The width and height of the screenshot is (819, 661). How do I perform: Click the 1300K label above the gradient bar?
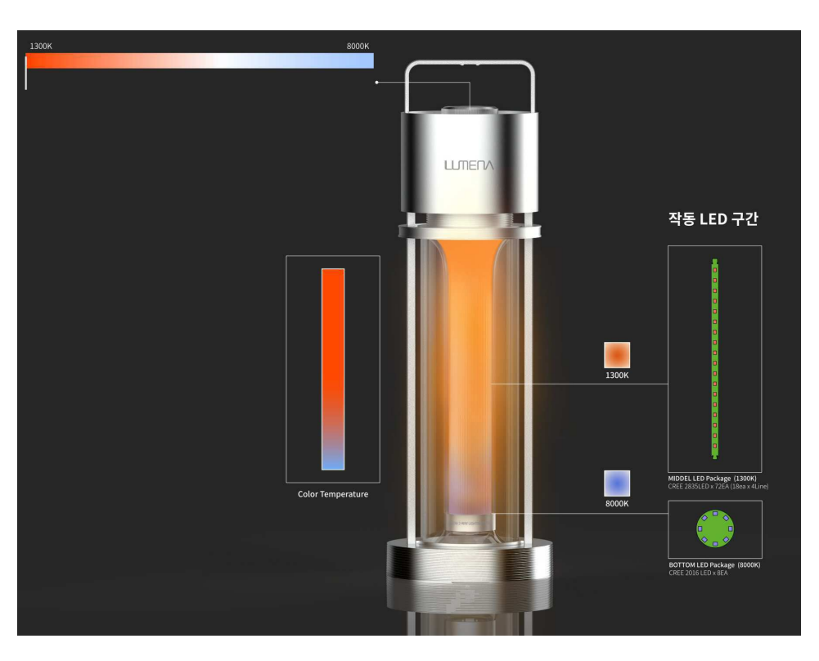coord(41,46)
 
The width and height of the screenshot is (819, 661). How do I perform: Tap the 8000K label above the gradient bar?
coord(358,46)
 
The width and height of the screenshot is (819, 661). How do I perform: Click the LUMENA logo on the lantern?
coord(469,165)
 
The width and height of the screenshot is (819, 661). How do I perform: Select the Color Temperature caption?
coord(333,494)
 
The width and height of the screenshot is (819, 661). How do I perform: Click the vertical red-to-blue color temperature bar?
coord(333,369)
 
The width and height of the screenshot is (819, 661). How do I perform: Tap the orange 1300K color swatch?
coord(617,355)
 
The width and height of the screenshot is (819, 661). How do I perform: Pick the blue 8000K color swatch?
coord(617,483)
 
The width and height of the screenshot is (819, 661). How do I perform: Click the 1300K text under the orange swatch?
coord(617,375)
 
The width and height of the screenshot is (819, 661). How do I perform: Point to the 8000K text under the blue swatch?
coord(617,504)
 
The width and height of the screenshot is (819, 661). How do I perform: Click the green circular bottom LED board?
coord(715,529)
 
